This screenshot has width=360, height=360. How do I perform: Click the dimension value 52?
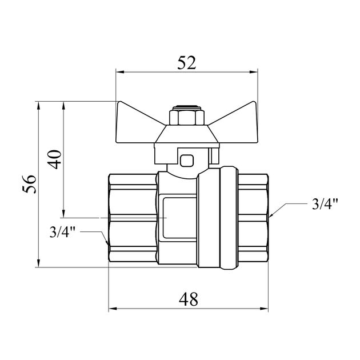(187, 63)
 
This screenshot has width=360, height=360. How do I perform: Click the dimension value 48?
(188, 299)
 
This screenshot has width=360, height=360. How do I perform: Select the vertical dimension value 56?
(29, 184)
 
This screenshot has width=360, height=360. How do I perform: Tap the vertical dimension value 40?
(54, 159)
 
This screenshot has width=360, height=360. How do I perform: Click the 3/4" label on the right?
(325, 203)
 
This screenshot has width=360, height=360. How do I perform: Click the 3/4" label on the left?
(63, 231)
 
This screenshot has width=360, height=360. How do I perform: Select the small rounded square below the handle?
(187, 161)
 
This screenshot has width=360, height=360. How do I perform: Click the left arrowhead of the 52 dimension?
(120, 72)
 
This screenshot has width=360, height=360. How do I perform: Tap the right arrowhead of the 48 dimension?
(264, 309)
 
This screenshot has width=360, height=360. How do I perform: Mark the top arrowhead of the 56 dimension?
(39, 106)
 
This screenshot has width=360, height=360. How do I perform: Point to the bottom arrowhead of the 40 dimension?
(64, 213)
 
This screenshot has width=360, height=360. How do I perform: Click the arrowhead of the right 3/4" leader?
(271, 214)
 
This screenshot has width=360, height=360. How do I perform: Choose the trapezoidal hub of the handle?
(187, 134)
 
